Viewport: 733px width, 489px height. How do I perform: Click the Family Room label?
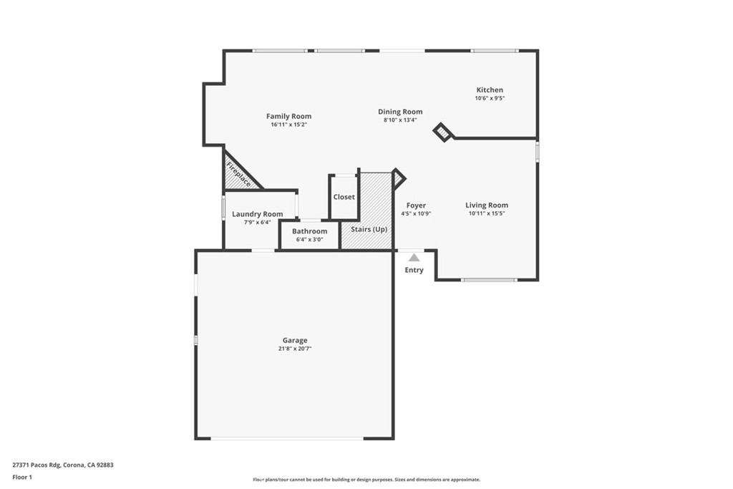[288, 116]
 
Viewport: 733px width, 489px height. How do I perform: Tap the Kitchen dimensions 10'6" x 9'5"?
[490, 98]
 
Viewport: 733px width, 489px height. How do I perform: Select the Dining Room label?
[400, 112]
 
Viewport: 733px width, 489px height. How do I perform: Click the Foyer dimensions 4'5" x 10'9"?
[416, 213]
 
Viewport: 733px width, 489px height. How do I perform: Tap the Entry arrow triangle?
[414, 258]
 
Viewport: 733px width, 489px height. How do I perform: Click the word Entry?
[414, 270]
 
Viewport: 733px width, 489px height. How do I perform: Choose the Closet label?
[344, 197]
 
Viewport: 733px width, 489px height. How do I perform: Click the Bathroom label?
[309, 231]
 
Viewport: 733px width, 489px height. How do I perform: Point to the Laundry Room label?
[257, 214]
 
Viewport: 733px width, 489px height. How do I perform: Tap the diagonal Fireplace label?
[239, 175]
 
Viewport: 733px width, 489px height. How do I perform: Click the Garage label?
[294, 341]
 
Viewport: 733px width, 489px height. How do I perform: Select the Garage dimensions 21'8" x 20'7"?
[294, 349]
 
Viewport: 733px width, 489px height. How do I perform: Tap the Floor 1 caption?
[22, 476]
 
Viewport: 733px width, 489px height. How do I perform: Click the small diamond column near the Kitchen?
[444, 132]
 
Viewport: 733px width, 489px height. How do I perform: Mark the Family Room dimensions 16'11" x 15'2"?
[288, 125]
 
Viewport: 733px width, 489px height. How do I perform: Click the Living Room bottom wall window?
[488, 280]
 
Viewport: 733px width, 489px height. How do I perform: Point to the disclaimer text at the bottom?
[366, 480]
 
